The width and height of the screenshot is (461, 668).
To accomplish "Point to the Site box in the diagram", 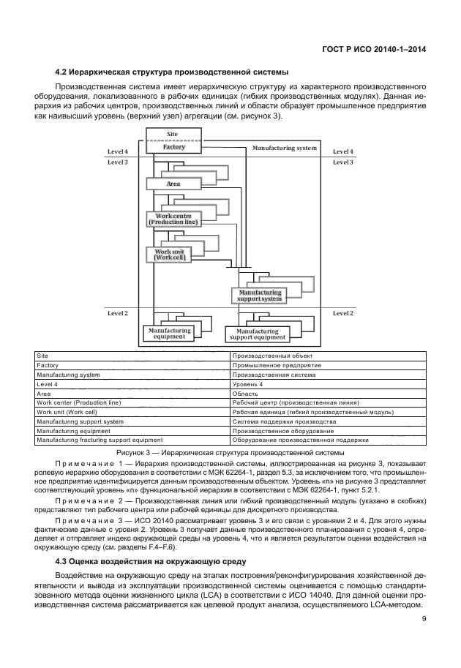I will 173,135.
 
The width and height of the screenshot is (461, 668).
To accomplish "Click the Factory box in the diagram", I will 173,147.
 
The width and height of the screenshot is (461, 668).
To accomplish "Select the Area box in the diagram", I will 173,184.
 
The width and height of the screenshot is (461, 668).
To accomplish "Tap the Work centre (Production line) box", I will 173,218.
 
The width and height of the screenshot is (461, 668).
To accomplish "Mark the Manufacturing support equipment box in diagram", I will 257,334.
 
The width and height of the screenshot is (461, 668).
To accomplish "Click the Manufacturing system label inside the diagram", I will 285,148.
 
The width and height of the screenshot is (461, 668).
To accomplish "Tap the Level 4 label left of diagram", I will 118,151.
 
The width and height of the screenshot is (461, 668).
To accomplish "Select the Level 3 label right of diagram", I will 343,162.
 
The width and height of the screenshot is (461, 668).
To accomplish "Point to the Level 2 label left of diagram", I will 118,313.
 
